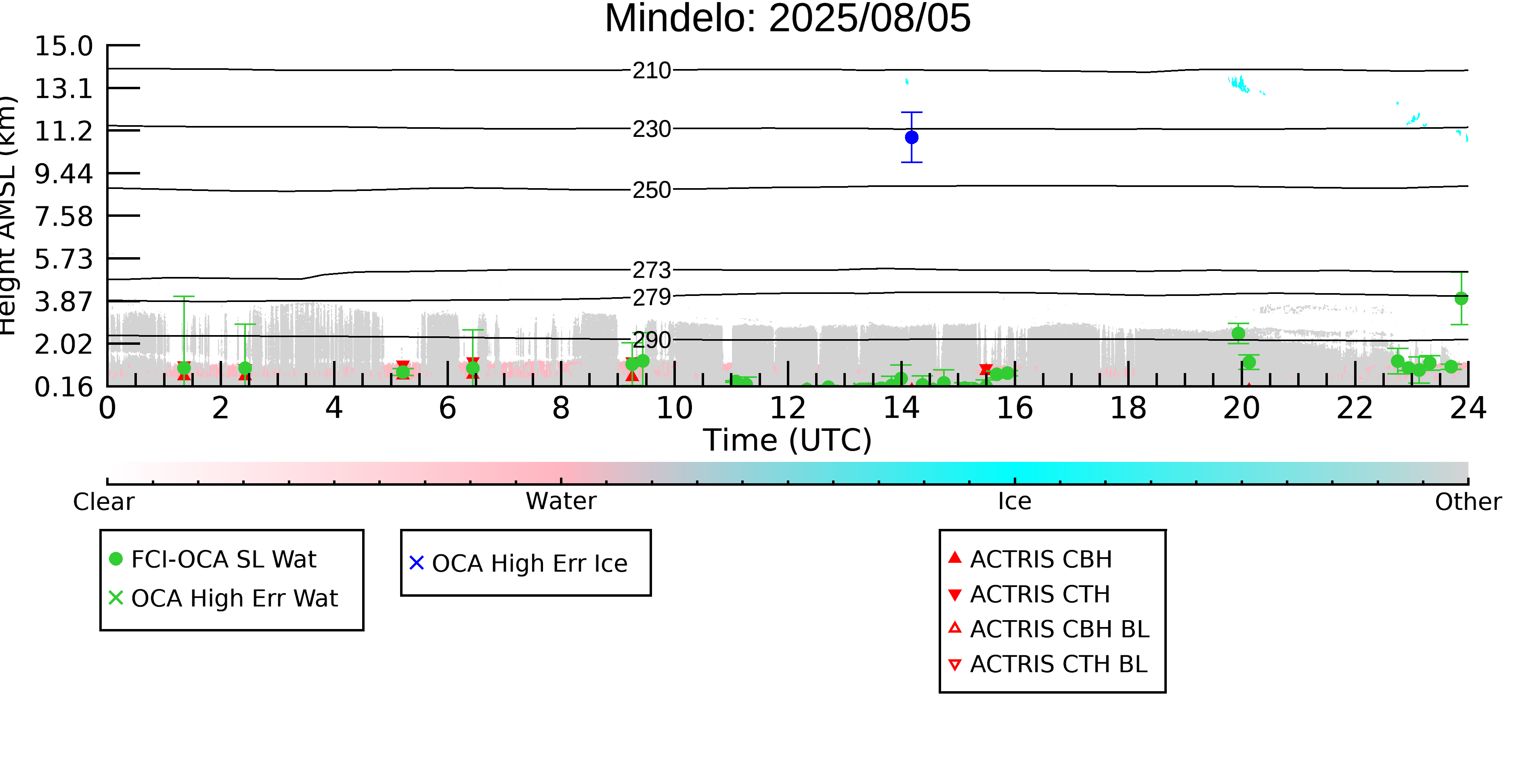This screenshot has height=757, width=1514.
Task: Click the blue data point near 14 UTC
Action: click(912, 137)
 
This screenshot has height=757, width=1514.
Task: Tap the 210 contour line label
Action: click(652, 71)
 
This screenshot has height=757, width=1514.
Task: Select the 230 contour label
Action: click(652, 129)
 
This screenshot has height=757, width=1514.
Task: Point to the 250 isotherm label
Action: click(652, 190)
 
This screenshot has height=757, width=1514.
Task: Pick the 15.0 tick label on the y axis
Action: click(63, 46)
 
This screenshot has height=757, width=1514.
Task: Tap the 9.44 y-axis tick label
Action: click(63, 173)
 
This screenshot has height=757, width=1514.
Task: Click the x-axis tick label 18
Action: click(1128, 408)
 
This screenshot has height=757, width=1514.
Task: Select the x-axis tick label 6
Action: click(447, 408)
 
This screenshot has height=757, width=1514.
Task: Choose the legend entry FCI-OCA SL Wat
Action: click(213, 559)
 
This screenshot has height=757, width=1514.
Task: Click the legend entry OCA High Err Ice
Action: click(518, 563)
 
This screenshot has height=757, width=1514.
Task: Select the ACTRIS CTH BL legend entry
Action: click(1048, 664)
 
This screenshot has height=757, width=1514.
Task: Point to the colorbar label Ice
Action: click(1015, 501)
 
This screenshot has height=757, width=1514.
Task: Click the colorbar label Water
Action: click(561, 501)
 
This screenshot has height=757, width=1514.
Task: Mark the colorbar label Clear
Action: click(103, 501)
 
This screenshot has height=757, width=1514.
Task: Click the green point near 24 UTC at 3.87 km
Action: click(1461, 299)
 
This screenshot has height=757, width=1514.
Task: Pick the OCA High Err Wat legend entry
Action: click(223, 598)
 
